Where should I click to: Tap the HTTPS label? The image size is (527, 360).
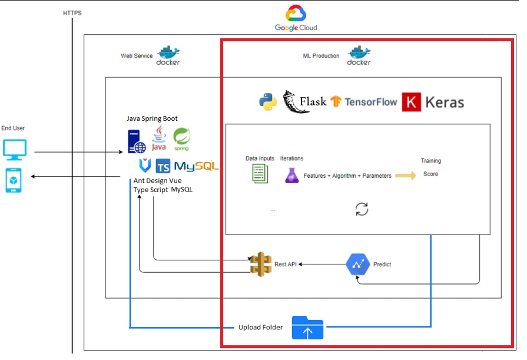click(72, 13)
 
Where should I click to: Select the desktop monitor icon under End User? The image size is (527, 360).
click(15, 150)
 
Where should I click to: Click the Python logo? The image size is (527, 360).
click(268, 102)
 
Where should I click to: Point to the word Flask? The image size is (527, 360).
click(313, 102)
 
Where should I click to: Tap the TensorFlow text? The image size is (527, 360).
click(370, 102)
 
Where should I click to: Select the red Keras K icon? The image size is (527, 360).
click(412, 102)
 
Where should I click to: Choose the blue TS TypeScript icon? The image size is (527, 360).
click(163, 166)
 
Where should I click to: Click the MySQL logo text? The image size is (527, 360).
click(196, 166)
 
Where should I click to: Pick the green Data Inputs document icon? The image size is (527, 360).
click(260, 173)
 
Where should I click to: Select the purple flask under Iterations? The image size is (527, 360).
click(291, 175)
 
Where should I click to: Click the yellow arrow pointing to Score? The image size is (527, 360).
click(405, 176)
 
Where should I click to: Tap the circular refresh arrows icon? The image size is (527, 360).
click(362, 209)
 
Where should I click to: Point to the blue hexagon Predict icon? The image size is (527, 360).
click(357, 265)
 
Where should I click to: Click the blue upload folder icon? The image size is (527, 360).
click(307, 328)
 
